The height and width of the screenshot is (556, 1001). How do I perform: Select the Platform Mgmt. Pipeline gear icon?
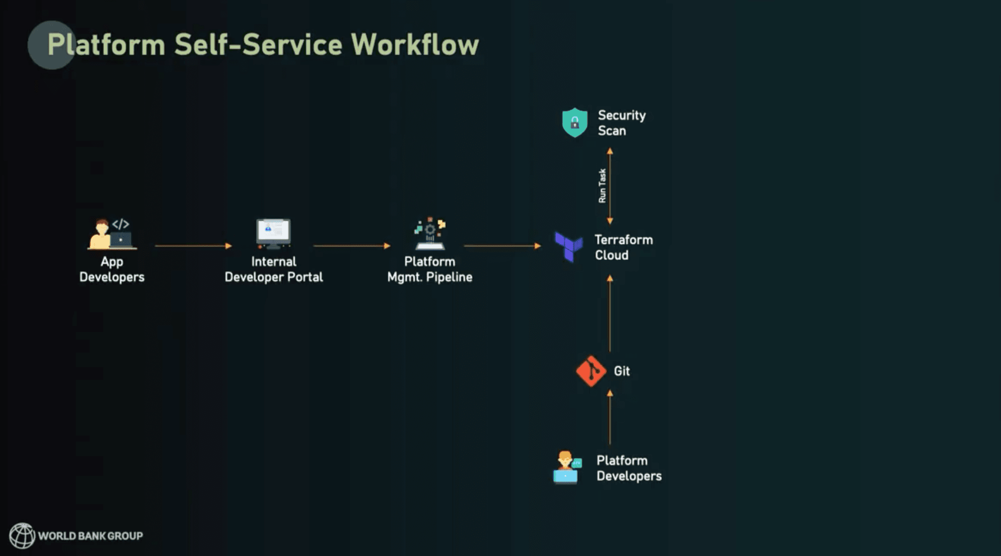tap(430, 233)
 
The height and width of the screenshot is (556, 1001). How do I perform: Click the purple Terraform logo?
tap(569, 247)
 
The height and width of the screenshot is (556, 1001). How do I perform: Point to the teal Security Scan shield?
tap(575, 123)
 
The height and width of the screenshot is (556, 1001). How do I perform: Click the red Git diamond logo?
tap(591, 371)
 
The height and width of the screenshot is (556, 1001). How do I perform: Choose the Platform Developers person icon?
tap(566, 467)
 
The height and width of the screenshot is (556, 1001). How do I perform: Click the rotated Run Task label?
tap(602, 185)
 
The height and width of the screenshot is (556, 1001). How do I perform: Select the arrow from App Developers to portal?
tap(193, 246)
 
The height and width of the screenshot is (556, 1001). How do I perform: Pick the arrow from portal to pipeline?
tap(351, 246)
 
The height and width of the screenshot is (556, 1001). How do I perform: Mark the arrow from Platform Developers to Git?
tap(610, 417)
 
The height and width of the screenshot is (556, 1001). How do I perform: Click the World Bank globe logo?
tap(22, 535)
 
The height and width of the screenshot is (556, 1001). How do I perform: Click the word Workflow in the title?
tap(414, 45)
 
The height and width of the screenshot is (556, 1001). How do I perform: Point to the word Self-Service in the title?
tap(258, 45)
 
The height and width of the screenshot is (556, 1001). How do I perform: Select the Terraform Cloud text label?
tap(623, 247)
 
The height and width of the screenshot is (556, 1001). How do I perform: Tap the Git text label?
tap(622, 371)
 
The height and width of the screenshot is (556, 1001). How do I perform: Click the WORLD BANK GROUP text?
tap(90, 536)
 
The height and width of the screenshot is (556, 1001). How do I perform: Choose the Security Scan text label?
tap(621, 123)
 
